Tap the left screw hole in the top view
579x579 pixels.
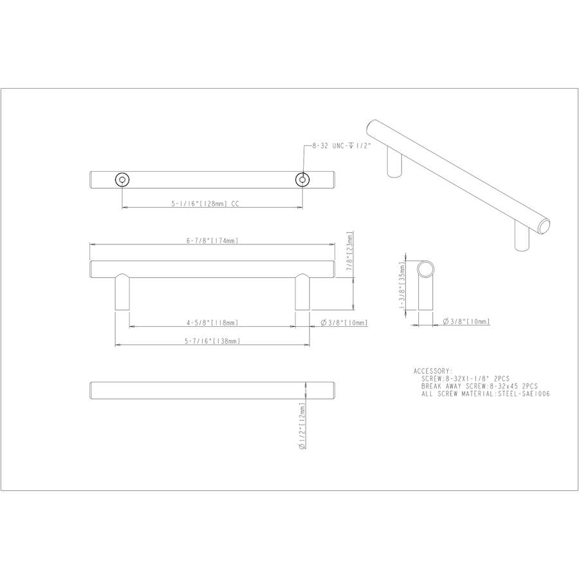(122, 179)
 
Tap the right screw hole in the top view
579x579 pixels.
(302, 179)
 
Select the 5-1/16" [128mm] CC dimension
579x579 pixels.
(206, 203)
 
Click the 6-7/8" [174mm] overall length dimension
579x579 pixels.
(213, 241)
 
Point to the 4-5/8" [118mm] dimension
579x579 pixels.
(213, 322)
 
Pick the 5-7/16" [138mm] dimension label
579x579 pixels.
(213, 341)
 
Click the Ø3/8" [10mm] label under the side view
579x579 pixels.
(467, 321)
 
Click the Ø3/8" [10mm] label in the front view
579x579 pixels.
(345, 323)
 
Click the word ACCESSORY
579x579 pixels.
(433, 371)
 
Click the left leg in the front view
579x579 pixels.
(122, 293)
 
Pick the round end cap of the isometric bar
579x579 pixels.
(544, 225)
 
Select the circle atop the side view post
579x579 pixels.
(426, 268)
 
